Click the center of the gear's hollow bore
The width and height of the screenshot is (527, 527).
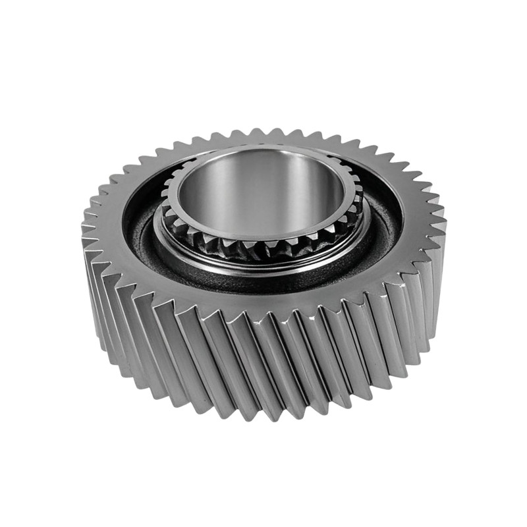[262, 194]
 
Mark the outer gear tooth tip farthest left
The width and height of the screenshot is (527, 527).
[83, 227]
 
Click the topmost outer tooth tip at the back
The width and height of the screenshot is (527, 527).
[263, 130]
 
